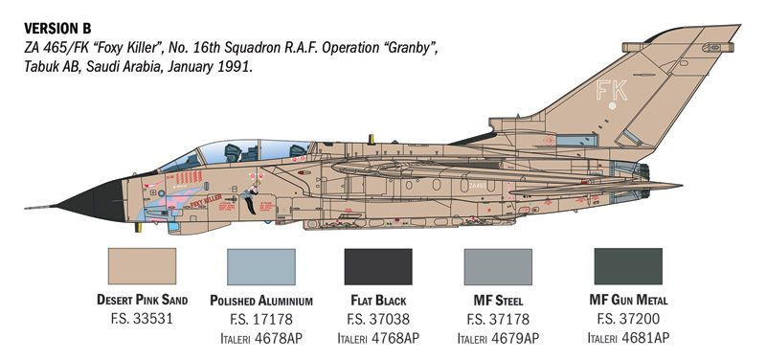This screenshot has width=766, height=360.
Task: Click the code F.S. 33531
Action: coord(143,318)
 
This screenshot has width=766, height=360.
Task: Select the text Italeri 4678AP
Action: coord(260,338)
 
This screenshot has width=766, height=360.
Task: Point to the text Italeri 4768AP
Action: coord(378,338)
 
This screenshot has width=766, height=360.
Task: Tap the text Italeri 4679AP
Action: coord(497,338)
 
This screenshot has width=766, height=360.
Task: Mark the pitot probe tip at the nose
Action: coord(27,206)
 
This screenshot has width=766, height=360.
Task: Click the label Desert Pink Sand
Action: coord(143,299)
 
